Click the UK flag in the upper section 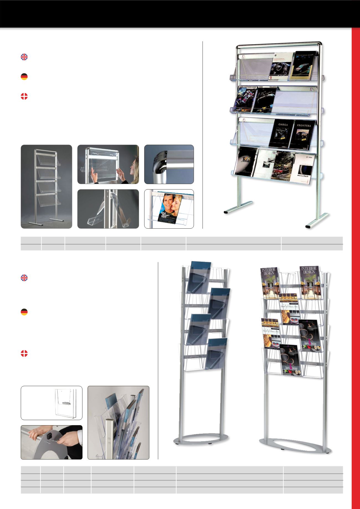24,57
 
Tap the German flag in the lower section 24,312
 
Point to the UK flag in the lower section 24,278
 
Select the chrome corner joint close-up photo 169,164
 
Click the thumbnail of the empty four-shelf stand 46,187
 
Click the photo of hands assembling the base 52,442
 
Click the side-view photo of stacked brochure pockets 118,423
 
